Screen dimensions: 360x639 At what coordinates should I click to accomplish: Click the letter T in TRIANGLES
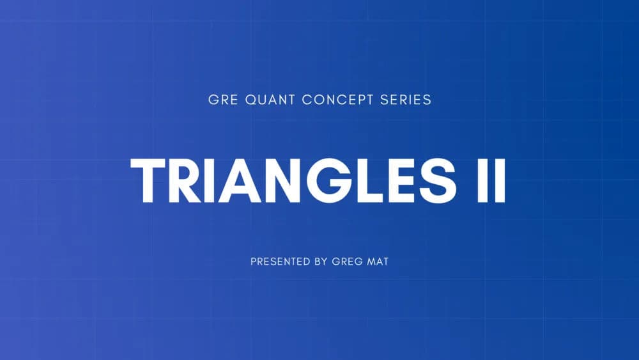tap(150, 180)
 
